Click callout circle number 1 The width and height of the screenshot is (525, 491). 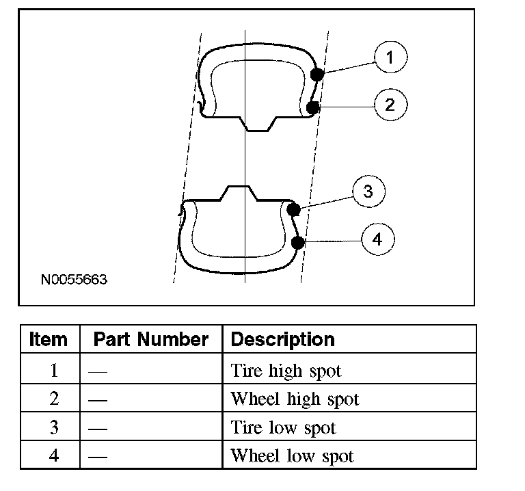click(x=390, y=57)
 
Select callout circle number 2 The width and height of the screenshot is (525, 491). click(x=390, y=105)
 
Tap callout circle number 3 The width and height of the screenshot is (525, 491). click(x=368, y=191)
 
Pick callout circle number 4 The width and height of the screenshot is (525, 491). click(x=378, y=239)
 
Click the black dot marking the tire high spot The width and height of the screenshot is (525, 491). click(x=317, y=74)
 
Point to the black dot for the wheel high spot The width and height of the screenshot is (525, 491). click(x=313, y=107)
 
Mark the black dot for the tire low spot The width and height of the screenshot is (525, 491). click(x=293, y=209)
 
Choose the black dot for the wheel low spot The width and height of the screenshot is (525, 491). click(x=297, y=241)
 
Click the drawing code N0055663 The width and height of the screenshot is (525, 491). click(x=74, y=280)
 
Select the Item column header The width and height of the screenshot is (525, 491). click(x=49, y=339)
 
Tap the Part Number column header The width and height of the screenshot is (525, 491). click(x=150, y=339)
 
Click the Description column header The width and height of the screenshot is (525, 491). click(x=283, y=339)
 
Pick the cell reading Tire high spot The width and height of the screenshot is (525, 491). click(x=286, y=371)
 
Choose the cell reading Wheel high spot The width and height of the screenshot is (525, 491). click(x=295, y=399)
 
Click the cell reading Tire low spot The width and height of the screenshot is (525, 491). click(x=284, y=427)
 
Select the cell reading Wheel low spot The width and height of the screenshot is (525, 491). click(x=293, y=455)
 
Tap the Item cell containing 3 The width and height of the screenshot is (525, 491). click(x=54, y=427)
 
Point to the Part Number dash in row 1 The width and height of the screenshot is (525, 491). click(x=100, y=371)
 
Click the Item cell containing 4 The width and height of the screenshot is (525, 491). click(x=54, y=455)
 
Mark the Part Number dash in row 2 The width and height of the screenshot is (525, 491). click(x=100, y=399)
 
